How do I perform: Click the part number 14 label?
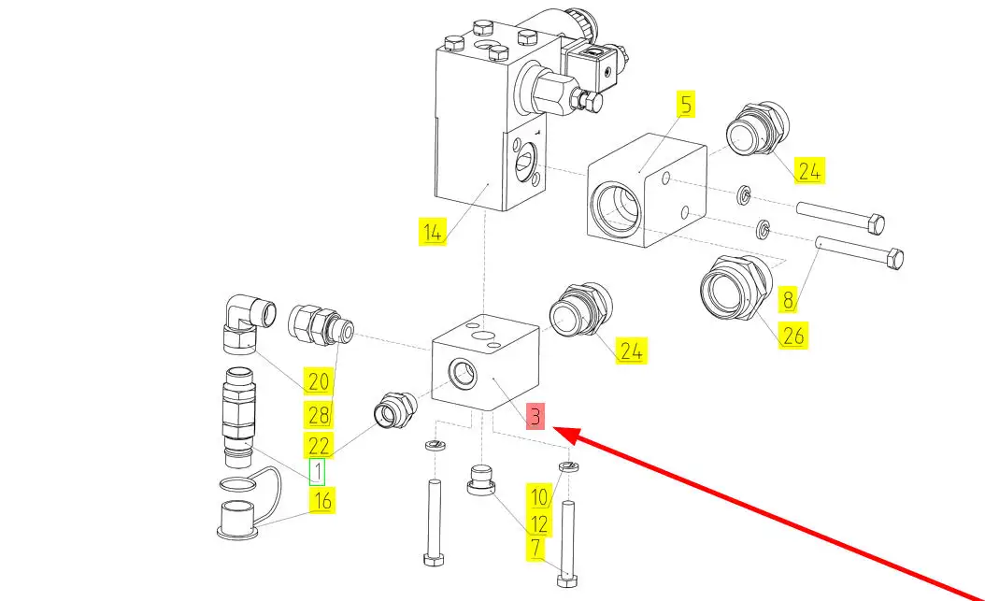point(431,233)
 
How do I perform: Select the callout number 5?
point(687,105)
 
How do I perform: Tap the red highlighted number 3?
point(535,416)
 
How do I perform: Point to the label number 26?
point(792,335)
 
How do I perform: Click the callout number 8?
point(789,300)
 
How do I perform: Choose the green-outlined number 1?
point(318,472)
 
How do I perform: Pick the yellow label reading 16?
point(322,500)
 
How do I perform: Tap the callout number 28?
point(319,413)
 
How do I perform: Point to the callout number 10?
point(539,496)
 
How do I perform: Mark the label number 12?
point(539,523)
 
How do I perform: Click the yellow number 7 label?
point(535,549)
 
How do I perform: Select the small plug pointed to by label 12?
point(481,481)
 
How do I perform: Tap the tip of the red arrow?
point(557,431)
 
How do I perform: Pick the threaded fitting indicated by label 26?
point(734,285)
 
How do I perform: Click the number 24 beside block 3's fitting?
point(632,351)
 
